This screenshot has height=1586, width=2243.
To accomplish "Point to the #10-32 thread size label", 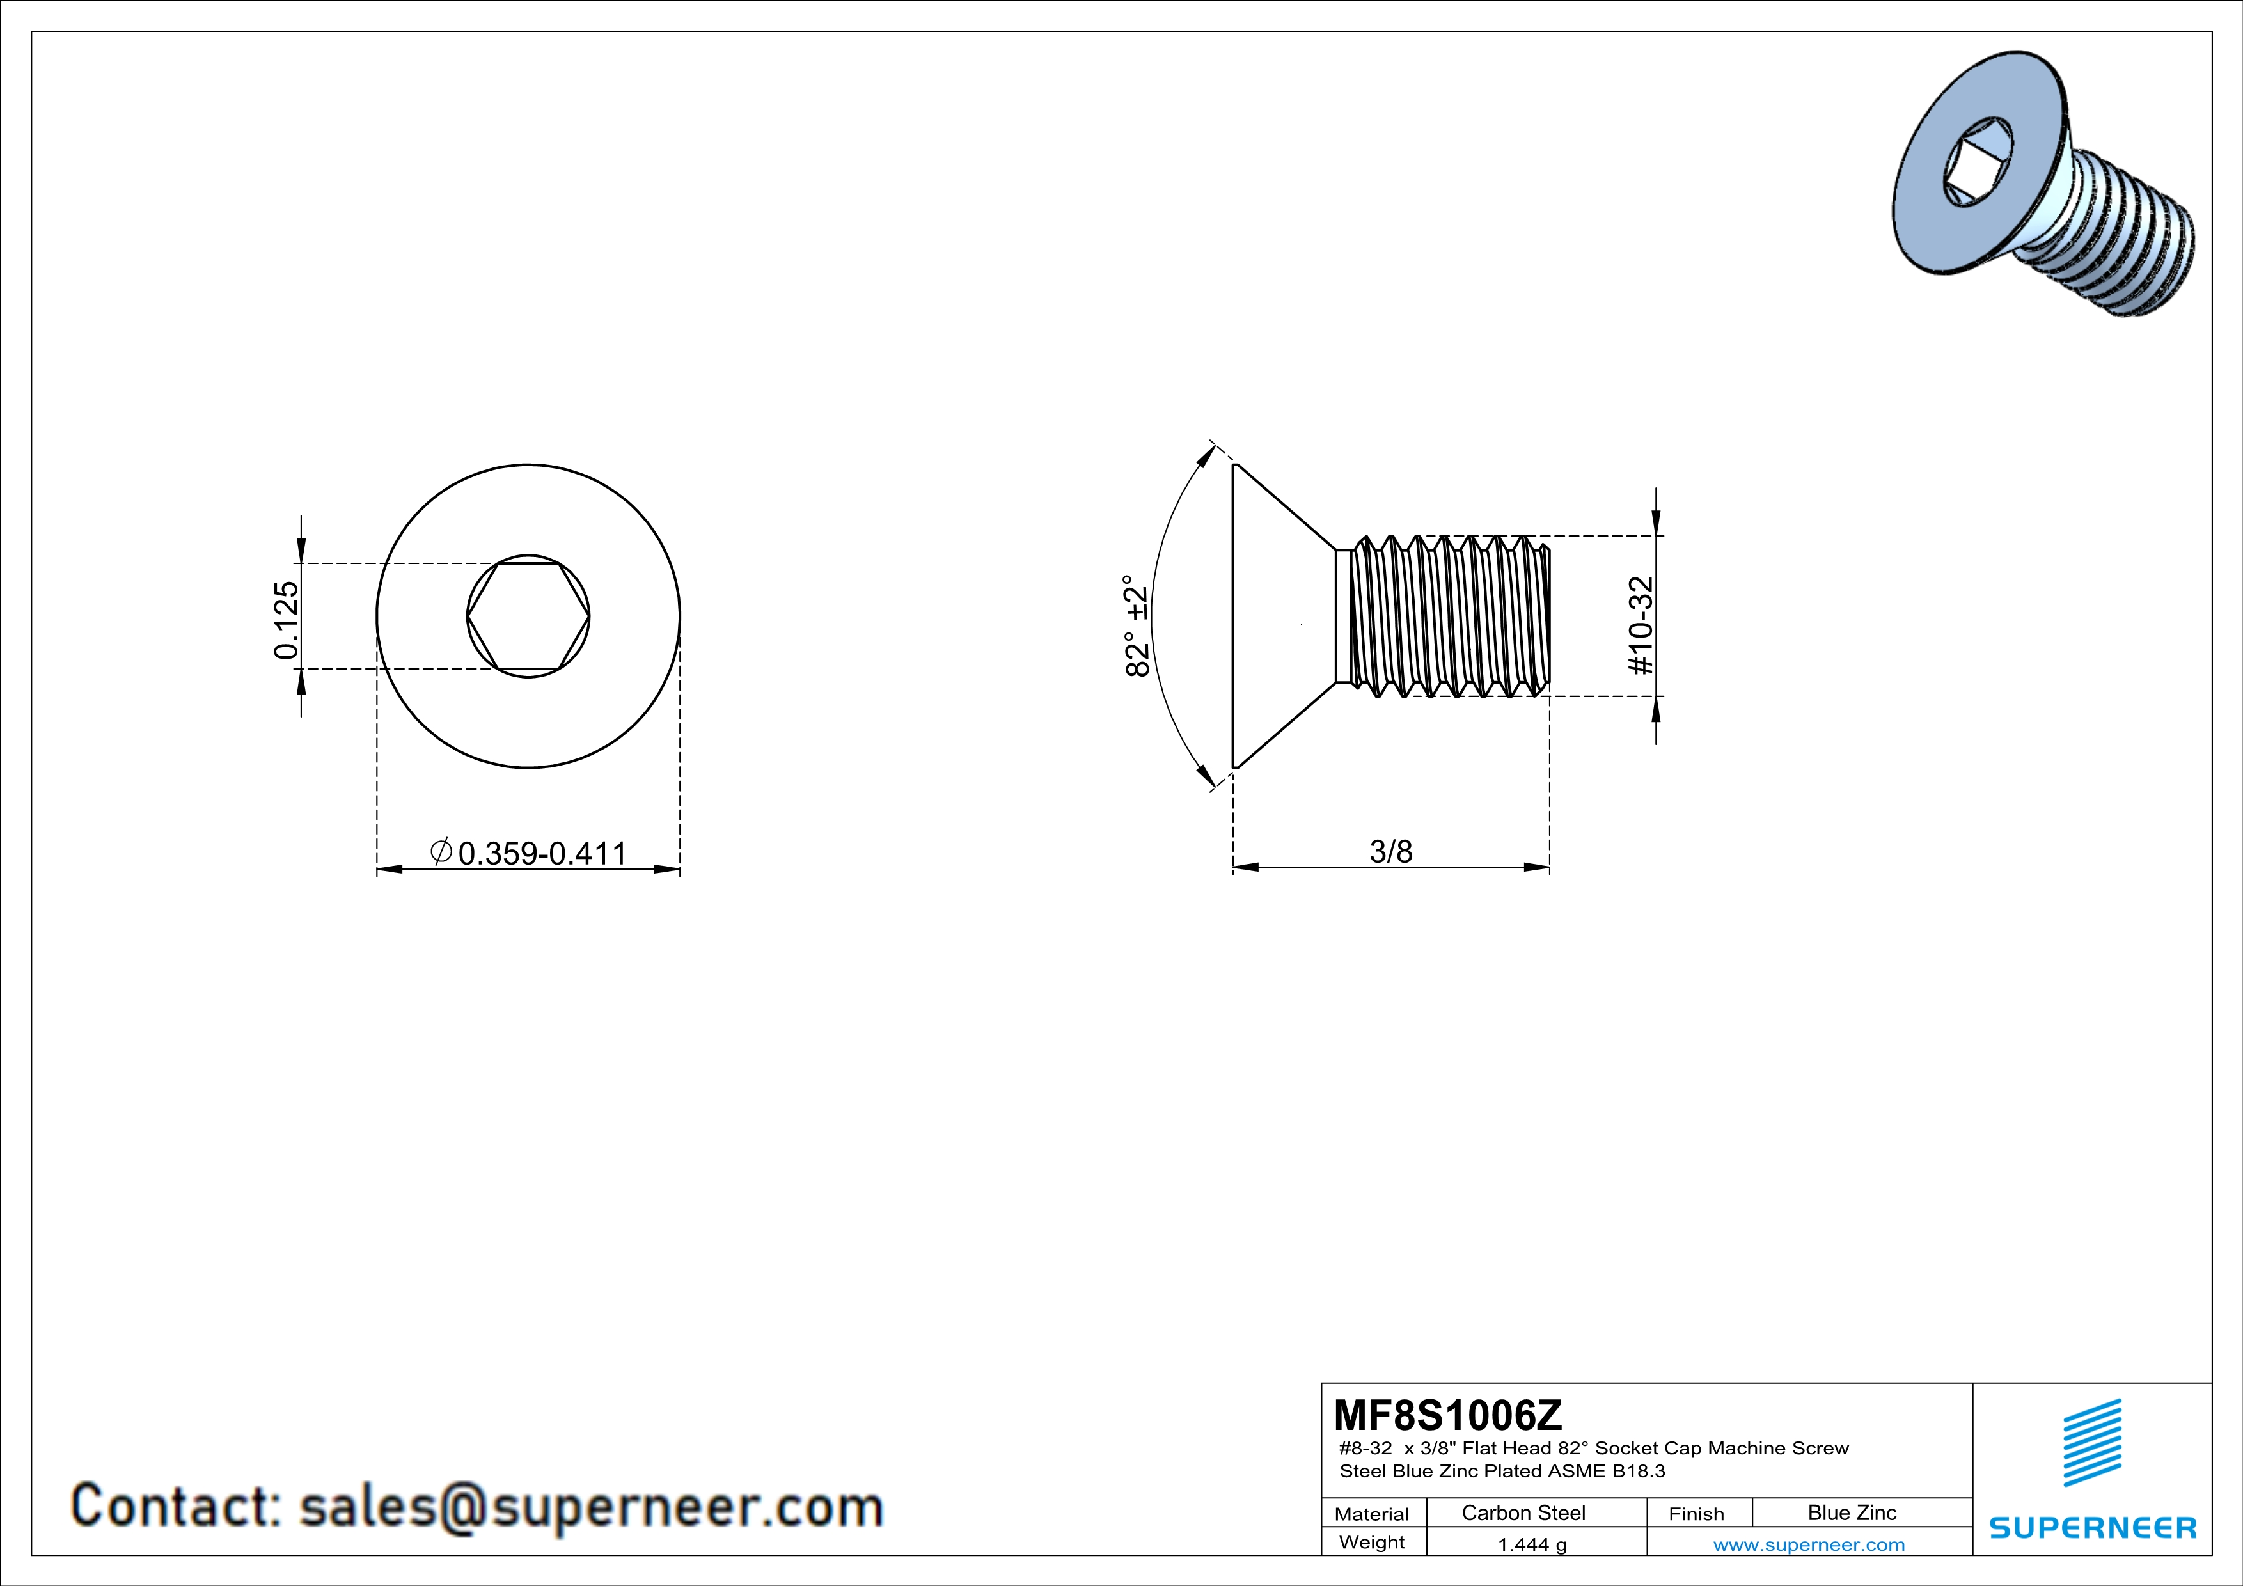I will point(1641,625).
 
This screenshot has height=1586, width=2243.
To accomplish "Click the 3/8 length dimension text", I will point(1391,852).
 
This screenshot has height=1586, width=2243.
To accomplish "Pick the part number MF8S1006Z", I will point(1448,1414).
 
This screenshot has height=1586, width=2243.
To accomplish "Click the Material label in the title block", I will point(1372,1514).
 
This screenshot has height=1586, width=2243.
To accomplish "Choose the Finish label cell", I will point(1696,1514).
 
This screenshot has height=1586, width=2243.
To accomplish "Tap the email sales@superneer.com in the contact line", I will point(591,1506).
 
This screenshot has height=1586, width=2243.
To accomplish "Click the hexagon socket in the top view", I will point(528,616).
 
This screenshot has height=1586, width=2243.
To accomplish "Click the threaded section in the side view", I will point(1451,616).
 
